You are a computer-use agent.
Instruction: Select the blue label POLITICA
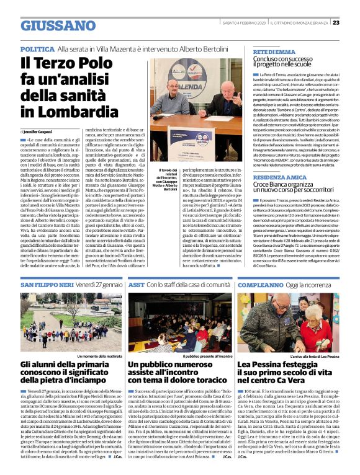37,48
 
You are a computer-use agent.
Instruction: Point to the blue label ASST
136,285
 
